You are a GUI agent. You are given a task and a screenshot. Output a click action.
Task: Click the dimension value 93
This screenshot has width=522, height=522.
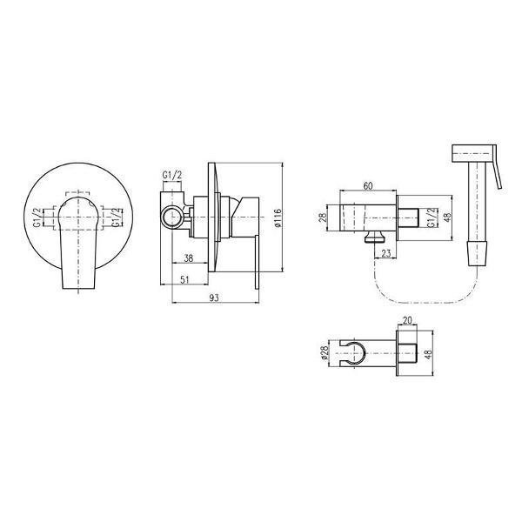point(214,298)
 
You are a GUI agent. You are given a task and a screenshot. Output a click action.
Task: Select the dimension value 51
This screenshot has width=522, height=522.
point(184,279)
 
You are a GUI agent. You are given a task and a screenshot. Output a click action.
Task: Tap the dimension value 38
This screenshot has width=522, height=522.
point(189,258)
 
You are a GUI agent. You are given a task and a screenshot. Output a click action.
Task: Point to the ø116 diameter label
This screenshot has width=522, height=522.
point(278,218)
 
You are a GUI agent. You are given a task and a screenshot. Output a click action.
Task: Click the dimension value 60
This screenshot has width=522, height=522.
point(367,186)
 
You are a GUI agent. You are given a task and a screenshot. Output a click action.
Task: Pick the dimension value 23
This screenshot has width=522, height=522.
point(385,253)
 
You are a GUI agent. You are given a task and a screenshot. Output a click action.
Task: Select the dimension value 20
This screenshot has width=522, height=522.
point(407,320)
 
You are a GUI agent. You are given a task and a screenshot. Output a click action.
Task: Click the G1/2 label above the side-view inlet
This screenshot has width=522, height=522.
point(172,175)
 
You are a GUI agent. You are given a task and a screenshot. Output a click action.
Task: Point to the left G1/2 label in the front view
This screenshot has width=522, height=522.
point(37,217)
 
